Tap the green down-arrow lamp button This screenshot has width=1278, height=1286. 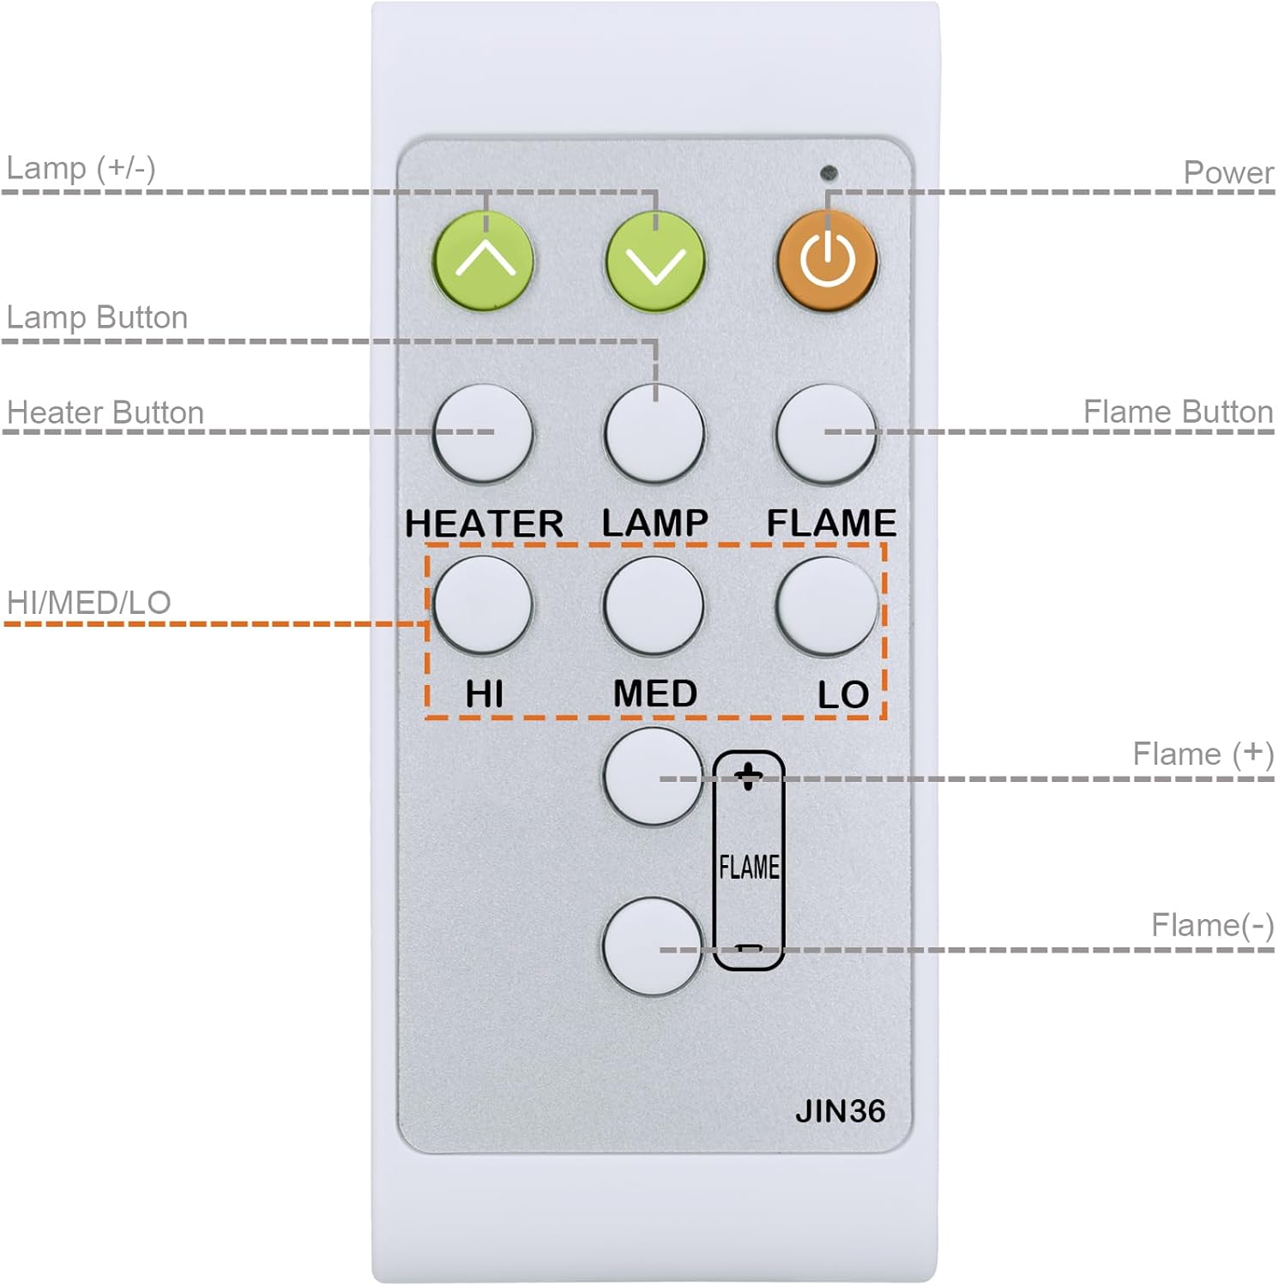pyautogui.click(x=655, y=261)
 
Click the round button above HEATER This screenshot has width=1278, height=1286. pyautogui.click(x=484, y=434)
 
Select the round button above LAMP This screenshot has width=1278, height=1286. pyautogui.click(x=654, y=434)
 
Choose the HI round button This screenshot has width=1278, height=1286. pyautogui.click(x=483, y=605)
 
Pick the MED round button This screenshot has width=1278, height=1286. pyautogui.click(x=654, y=606)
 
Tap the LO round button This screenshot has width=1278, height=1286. pyautogui.click(x=827, y=606)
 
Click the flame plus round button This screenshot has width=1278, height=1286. pyautogui.click(x=654, y=777)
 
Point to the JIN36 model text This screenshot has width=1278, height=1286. pyautogui.click(x=840, y=1111)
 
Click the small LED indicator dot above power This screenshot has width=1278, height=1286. pyautogui.click(x=829, y=173)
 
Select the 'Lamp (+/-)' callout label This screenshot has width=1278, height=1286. pyautogui.click(x=81, y=168)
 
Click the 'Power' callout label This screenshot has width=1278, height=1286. pyautogui.click(x=1228, y=172)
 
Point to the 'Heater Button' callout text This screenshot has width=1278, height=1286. pyautogui.click(x=105, y=412)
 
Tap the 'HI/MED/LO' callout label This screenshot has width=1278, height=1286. pyautogui.click(x=88, y=603)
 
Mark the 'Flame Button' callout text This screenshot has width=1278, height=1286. pyautogui.click(x=1178, y=412)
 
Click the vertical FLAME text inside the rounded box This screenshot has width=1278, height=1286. pyautogui.click(x=749, y=867)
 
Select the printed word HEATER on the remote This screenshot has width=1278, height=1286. pyautogui.click(x=484, y=523)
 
